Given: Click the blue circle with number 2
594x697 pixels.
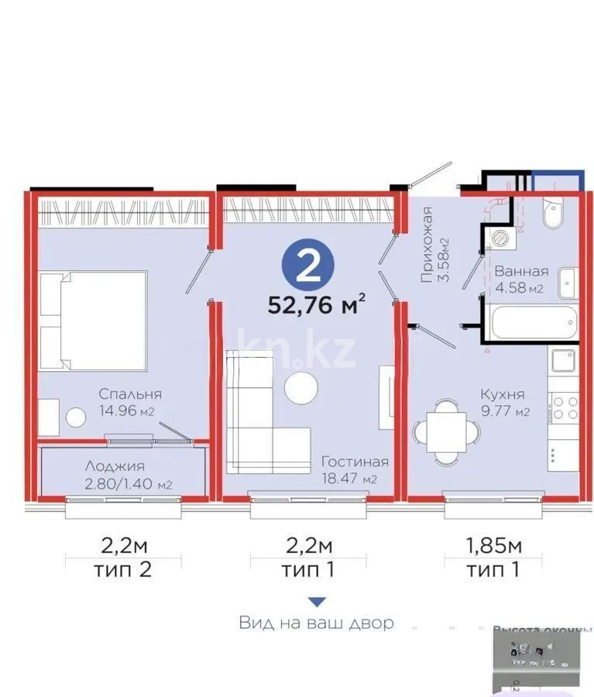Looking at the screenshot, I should (x=308, y=266).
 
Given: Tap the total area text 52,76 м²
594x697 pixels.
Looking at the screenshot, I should (x=316, y=304).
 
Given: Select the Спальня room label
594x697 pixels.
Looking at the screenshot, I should (x=129, y=394).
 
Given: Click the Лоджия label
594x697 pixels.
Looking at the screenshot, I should (x=116, y=467).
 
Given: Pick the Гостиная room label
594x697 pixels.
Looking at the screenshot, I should (x=355, y=462).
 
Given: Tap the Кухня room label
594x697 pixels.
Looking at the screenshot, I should (x=501, y=394).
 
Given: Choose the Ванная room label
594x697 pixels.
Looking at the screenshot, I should (x=521, y=272).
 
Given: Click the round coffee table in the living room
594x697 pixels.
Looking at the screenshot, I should (x=300, y=387).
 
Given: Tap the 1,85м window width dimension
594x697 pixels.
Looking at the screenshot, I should (x=493, y=546).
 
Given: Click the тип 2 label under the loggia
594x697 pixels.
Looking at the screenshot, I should (x=124, y=571).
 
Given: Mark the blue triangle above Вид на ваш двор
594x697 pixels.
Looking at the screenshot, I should (x=316, y=602).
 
